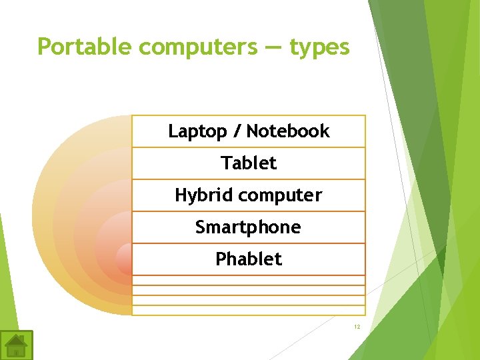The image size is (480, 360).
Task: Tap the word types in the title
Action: pos(319,47)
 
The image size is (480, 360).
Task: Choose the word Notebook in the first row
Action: pos(288,131)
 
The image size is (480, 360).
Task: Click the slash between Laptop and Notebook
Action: pos(237,131)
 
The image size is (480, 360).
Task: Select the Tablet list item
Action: pos(249,163)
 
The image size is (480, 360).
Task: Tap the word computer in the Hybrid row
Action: pos(280,195)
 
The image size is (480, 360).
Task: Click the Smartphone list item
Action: pos(248,227)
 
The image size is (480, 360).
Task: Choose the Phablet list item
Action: pos(249,259)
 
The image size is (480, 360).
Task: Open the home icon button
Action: pos(16,345)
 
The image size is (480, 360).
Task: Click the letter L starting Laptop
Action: pos(173,131)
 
